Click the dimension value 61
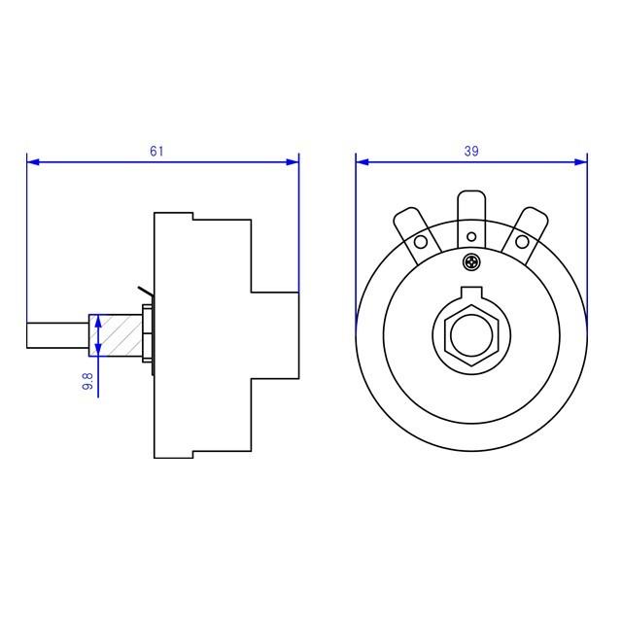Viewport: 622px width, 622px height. (x=156, y=151)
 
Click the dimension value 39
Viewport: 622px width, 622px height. (x=471, y=151)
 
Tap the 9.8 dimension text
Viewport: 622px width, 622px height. (x=87, y=381)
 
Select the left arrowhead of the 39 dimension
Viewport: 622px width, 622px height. (x=362, y=161)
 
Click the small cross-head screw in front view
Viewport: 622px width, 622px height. (x=472, y=261)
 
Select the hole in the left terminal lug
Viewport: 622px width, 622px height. (x=422, y=242)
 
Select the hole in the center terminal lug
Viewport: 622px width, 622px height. (x=472, y=236)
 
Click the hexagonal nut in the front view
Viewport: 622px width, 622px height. (x=471, y=334)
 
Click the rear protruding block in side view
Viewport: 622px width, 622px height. (x=275, y=334)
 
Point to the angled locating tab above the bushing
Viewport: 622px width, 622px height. (x=146, y=292)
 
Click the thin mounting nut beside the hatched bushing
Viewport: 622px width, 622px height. (x=147, y=334)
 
